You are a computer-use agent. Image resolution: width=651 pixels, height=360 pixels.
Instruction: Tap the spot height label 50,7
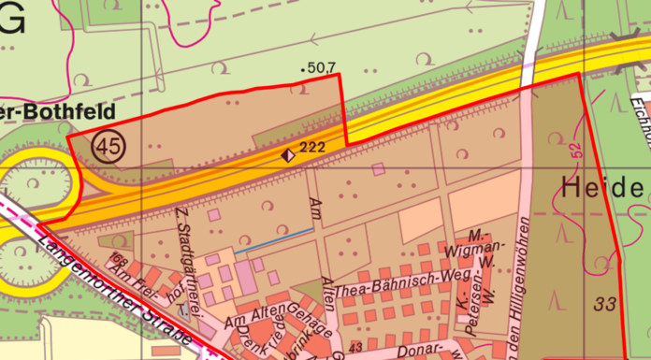(x=320, y=67)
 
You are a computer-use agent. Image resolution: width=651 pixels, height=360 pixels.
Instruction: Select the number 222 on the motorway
(x=312, y=149)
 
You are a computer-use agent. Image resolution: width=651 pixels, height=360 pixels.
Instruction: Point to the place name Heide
(x=603, y=188)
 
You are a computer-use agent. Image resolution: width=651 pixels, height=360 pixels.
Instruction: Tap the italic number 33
(x=603, y=304)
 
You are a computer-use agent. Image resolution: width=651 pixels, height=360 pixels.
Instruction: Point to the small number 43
(x=354, y=348)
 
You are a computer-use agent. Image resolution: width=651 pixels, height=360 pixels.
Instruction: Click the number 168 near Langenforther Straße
(x=118, y=258)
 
